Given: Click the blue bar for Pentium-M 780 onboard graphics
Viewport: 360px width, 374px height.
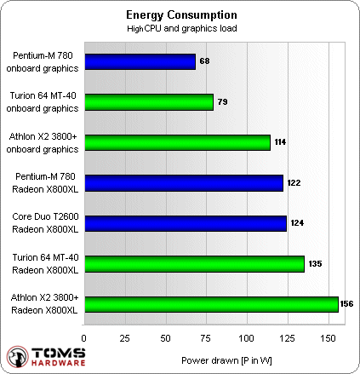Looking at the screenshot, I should click(x=140, y=61).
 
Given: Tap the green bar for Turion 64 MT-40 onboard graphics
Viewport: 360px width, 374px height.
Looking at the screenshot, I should click(x=148, y=101).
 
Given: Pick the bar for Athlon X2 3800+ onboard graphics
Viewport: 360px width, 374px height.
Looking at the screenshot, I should click(x=177, y=142).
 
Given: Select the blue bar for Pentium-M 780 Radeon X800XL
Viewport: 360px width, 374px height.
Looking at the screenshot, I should click(x=183, y=182).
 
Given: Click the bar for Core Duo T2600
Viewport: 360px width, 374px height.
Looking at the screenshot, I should click(x=185, y=223).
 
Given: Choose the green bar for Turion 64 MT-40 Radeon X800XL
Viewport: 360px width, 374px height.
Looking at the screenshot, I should click(x=193, y=263).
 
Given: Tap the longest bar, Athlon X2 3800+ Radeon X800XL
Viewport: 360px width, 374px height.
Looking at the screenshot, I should click(x=210, y=303).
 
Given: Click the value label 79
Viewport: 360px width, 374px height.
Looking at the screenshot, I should click(x=223, y=101).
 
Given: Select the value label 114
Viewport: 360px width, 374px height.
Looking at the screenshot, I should click(x=282, y=142).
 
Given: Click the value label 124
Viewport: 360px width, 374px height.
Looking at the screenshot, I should click(x=298, y=223).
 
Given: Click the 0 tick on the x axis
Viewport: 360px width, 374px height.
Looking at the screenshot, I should click(x=83, y=337).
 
